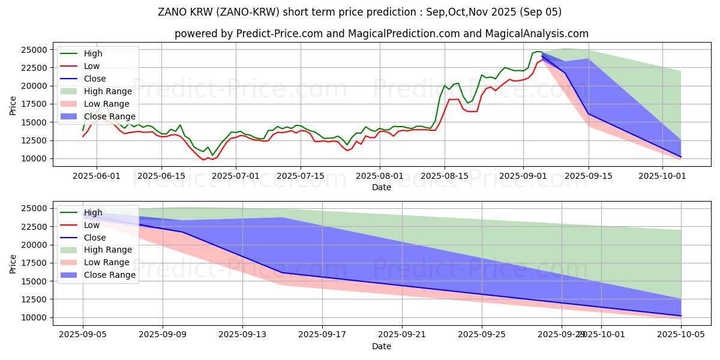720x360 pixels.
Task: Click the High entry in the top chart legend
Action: pos(92,53)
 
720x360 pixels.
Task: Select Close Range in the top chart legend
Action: pos(109,116)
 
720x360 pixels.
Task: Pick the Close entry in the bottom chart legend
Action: pos(95,238)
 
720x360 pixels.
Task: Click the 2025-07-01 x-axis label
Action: pos(236,175)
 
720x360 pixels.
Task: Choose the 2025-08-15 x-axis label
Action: pos(444,175)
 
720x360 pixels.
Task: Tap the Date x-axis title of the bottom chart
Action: pos(382,346)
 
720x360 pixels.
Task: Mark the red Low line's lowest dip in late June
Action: pos(203,160)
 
